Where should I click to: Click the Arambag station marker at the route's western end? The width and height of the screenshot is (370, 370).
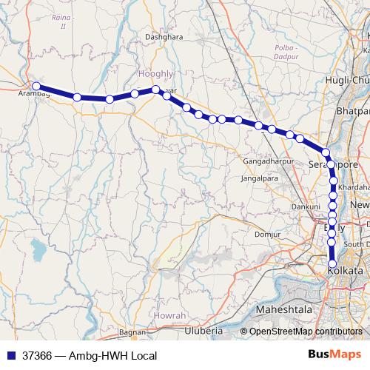[36, 87]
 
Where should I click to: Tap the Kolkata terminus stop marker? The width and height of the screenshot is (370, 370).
[332, 264]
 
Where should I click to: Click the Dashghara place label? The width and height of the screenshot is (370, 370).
[164, 56]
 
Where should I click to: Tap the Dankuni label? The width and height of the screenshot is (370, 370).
[306, 206]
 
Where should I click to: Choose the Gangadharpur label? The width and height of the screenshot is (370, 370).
[268, 161]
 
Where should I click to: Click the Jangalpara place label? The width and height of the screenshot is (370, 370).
[259, 178]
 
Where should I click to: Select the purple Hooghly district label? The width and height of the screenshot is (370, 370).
[155, 74]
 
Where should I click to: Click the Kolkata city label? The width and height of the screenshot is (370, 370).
[346, 272]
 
